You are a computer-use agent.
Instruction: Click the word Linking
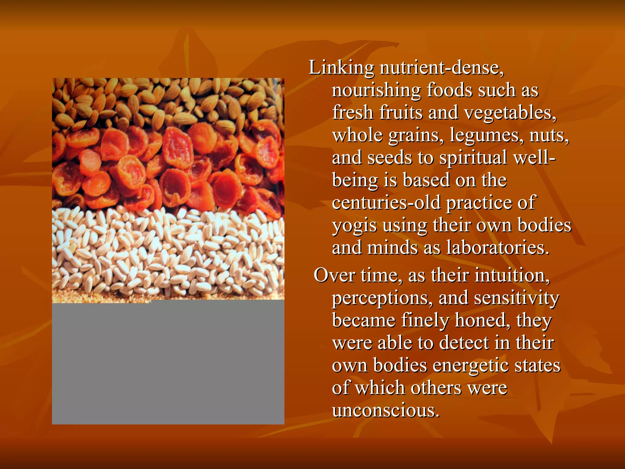341,68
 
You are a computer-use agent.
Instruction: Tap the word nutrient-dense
442,68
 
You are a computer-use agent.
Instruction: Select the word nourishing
376,91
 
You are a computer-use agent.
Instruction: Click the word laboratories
498,248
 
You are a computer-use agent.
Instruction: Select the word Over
334,275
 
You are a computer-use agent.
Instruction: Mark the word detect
464,343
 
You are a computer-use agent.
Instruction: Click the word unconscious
386,410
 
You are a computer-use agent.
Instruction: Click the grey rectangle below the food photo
168,363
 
